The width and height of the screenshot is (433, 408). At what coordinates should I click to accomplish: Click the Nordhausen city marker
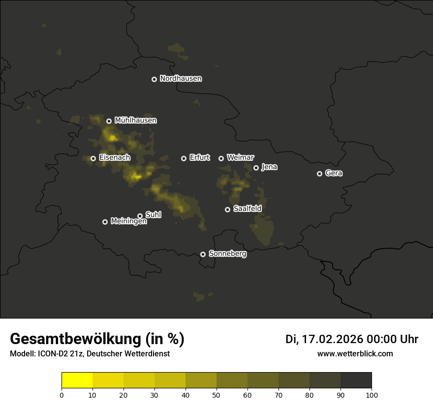154,79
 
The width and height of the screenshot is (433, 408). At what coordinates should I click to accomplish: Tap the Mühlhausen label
135,120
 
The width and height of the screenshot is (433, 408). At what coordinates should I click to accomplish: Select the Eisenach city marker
93,158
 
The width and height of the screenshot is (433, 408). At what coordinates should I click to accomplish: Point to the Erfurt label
199,158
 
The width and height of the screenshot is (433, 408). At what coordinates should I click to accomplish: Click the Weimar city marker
221,158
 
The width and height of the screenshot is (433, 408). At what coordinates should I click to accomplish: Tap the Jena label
269,167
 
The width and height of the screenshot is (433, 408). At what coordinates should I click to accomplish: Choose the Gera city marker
319,174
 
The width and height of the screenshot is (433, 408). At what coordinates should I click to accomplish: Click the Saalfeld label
247,209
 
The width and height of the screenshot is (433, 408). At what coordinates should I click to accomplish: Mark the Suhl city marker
140,216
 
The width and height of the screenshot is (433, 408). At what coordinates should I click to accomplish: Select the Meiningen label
128,222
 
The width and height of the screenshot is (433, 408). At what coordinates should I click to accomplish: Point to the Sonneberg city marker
203,254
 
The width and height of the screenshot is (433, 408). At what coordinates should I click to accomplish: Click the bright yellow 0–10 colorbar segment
77,380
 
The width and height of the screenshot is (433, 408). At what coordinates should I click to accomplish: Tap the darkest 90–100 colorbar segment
356,380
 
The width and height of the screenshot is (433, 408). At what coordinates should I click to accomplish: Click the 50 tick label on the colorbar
216,395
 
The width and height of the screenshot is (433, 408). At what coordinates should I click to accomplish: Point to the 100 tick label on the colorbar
371,395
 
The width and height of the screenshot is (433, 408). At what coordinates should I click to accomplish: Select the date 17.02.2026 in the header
332,339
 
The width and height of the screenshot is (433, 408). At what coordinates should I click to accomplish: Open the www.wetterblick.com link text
355,354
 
